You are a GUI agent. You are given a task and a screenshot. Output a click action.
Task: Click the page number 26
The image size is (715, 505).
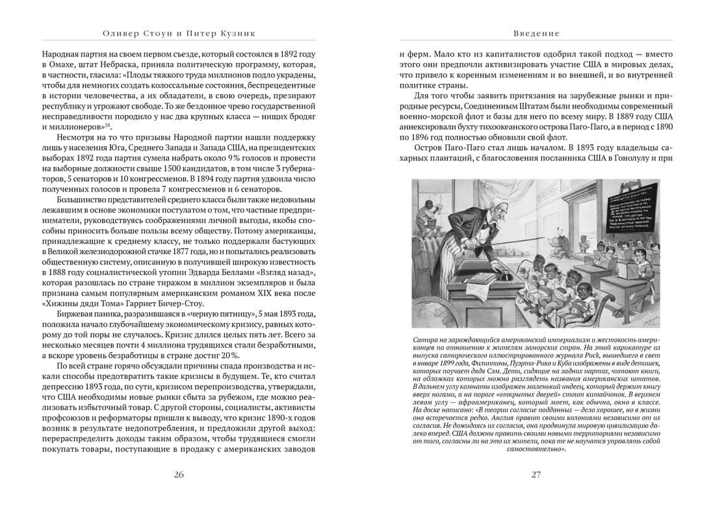(x=179, y=474)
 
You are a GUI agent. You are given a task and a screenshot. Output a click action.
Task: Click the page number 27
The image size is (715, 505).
(x=536, y=474)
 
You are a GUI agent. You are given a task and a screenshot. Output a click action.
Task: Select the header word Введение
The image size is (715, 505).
(x=536, y=33)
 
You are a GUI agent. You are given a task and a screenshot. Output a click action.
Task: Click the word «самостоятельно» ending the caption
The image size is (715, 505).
(x=536, y=448)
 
